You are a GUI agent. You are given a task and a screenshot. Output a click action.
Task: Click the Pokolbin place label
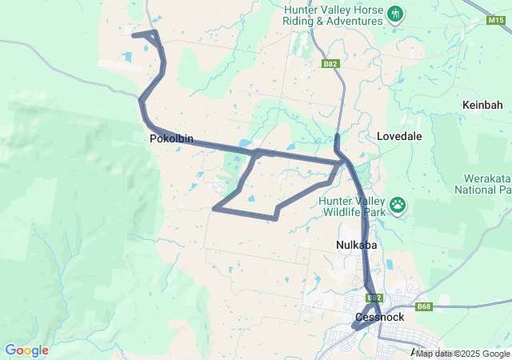point(171,138)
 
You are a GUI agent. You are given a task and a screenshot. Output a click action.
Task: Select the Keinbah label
point(482,105)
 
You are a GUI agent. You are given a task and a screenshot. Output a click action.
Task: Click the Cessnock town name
point(379,317)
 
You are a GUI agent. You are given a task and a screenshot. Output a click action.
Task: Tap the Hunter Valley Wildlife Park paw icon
point(398,206)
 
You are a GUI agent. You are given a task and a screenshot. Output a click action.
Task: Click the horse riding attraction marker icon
point(395,14)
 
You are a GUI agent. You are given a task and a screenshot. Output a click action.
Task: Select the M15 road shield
point(495,21)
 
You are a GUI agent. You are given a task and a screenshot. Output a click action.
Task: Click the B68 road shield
point(424,306)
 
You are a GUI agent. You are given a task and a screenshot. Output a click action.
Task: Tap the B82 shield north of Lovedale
point(330,63)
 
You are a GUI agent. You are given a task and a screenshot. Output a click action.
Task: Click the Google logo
point(26,350)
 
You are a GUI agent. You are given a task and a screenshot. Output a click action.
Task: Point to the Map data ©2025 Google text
point(463,354)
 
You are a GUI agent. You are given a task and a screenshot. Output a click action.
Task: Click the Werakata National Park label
point(483,185)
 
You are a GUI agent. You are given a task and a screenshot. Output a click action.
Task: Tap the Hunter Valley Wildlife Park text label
point(352,206)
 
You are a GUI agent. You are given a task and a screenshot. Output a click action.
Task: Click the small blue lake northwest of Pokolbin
point(128,57)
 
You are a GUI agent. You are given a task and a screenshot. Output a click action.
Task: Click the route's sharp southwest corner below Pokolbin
point(214,209)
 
